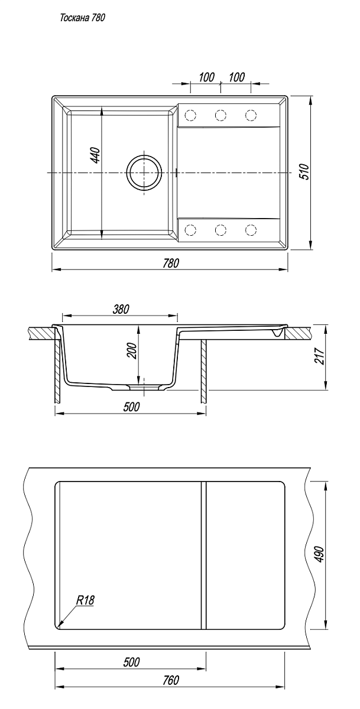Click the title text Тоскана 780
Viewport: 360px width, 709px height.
point(82,18)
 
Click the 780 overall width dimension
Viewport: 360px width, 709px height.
point(171,264)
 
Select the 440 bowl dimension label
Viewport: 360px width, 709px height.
point(96,155)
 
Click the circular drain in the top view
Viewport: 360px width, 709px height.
point(144,173)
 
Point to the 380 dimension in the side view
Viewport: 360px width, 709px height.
point(121,309)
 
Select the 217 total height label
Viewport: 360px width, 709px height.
point(321,356)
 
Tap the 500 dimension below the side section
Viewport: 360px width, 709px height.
point(131,407)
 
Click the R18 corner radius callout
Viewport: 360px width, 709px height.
point(85,600)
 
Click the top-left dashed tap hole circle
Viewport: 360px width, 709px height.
point(190,115)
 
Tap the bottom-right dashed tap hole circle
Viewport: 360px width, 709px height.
point(251,230)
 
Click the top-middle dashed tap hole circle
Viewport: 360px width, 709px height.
point(220,115)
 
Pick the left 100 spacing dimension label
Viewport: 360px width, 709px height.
point(206,77)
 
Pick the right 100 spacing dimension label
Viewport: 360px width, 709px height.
point(237,77)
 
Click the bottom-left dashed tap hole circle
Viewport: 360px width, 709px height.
point(190,230)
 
